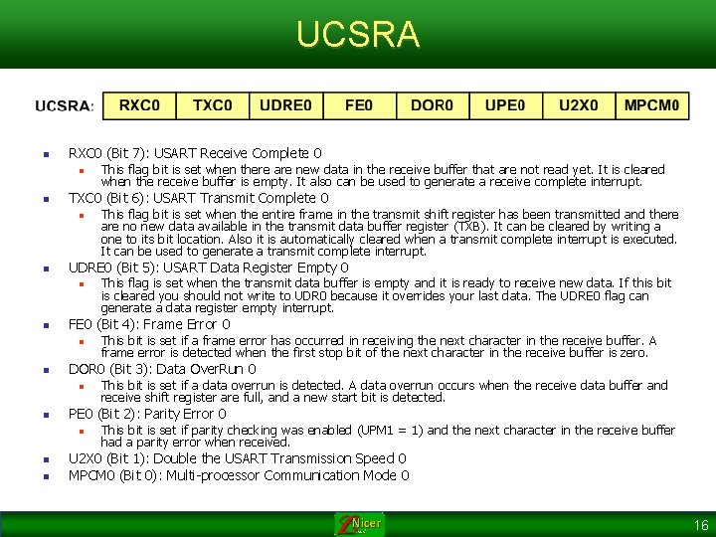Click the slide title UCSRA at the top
click(358, 35)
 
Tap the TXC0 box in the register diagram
click(212, 105)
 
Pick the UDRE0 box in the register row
click(285, 105)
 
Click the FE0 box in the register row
click(359, 105)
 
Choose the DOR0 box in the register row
click(433, 105)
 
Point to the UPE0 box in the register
click(506, 105)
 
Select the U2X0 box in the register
click(579, 105)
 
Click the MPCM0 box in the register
click(652, 105)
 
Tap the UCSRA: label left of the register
click(65, 106)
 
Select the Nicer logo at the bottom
click(358, 523)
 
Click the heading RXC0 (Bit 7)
click(194, 153)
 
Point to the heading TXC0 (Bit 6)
click(198, 198)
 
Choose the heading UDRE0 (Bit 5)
click(208, 268)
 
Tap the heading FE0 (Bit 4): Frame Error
click(148, 324)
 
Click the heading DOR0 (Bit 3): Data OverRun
click(161, 369)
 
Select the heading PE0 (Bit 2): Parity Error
click(146, 414)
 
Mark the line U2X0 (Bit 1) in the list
click(237, 458)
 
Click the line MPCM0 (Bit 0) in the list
click(239, 475)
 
